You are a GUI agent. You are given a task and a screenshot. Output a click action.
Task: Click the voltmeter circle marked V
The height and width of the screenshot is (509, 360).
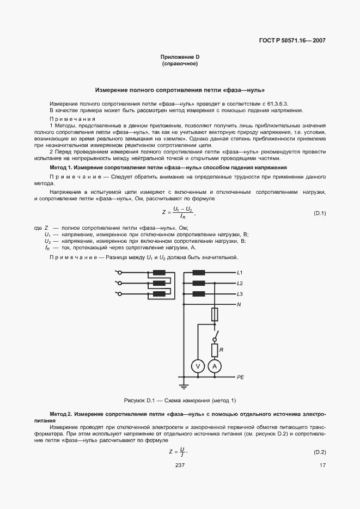coord(198,367)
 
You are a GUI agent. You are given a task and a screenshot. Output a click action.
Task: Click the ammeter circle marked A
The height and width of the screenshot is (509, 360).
coord(215,367)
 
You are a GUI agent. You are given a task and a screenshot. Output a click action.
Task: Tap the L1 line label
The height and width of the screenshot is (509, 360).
coord(240,272)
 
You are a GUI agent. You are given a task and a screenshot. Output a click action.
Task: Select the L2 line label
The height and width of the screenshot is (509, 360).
coord(240,283)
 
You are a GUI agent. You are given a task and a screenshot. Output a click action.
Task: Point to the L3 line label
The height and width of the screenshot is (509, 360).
coord(240,294)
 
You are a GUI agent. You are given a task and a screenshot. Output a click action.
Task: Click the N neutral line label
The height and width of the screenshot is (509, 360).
coord(239,304)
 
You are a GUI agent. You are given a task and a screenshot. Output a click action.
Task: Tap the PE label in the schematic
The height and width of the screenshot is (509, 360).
coord(241,377)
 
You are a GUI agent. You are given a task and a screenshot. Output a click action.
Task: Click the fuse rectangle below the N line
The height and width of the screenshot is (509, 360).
coord(215,315)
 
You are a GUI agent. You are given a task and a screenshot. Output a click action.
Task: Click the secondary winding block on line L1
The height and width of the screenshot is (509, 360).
coord(198,272)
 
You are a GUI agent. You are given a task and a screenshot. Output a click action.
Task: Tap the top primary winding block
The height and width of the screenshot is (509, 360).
coord(159,272)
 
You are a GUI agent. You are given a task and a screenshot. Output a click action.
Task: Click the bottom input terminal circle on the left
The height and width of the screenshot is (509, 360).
coord(117,294)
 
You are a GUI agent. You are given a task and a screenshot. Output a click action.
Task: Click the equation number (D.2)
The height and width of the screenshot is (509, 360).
coord(320,453)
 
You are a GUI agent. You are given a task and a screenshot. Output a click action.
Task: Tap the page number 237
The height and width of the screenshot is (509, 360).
coord(180,464)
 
